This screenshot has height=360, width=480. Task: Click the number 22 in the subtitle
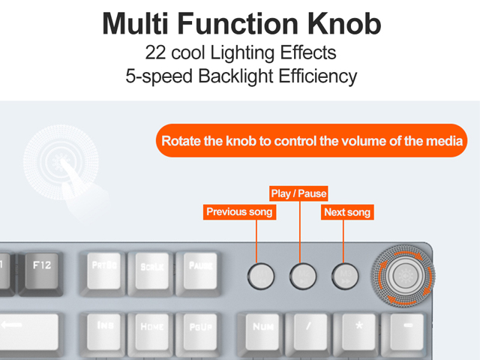156,54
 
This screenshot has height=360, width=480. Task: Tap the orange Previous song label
239,212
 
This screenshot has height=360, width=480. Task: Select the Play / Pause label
299,193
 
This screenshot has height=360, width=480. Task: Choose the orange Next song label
346,212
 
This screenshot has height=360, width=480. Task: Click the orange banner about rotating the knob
311,140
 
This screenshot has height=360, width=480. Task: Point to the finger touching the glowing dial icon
73,178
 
